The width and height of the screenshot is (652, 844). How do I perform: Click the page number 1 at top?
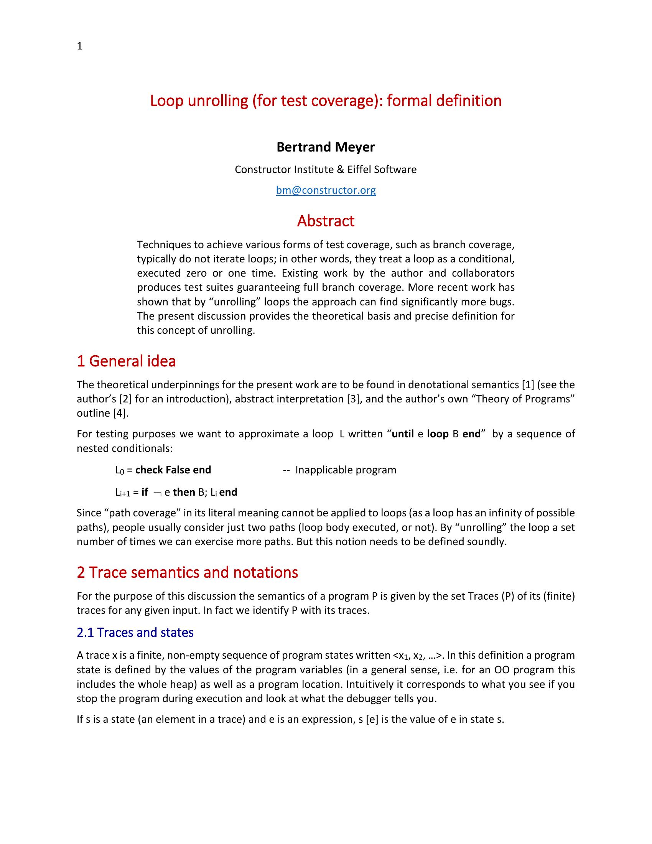(79, 46)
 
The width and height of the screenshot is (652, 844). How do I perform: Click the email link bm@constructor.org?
(326, 190)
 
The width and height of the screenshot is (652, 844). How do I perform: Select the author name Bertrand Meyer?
(326, 147)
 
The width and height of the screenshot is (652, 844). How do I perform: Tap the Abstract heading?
(326, 221)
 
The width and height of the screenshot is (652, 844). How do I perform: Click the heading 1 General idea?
(126, 361)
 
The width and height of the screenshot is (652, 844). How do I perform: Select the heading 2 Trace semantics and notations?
(187, 572)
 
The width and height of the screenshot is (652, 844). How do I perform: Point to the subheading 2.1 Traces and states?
(135, 633)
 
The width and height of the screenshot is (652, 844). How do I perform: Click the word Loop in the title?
(166, 101)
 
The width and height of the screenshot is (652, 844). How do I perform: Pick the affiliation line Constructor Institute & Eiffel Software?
(326, 170)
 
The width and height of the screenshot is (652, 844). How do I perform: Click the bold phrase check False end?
(173, 470)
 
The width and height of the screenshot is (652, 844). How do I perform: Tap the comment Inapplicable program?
(345, 470)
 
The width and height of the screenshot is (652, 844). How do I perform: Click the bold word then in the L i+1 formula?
(184, 492)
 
